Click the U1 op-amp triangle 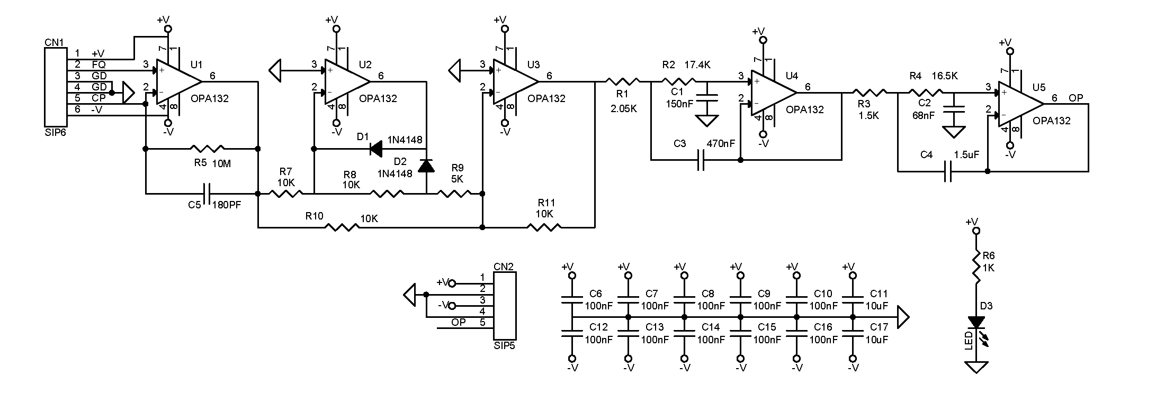[x=178, y=82]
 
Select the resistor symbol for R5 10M [x=208, y=149]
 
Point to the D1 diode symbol [x=377, y=149]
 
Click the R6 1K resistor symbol [x=976, y=268]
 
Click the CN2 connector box [x=505, y=306]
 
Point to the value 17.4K [x=697, y=65]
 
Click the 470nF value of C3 [x=721, y=143]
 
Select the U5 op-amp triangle [x=1021, y=104]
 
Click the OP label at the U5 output [x=1076, y=98]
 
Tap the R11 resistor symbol [x=544, y=227]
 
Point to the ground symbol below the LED [x=976, y=367]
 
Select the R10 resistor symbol [x=342, y=227]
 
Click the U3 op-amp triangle [x=515, y=82]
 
